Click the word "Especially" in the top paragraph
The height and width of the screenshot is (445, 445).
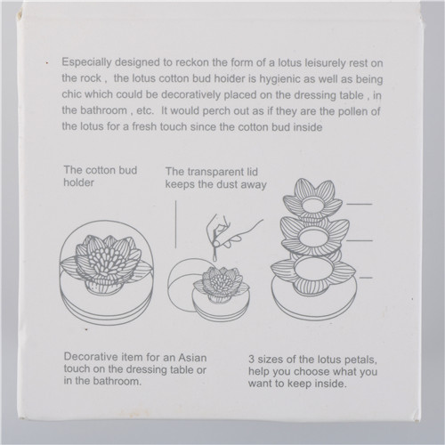(86, 62)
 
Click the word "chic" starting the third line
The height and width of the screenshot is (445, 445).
(71, 94)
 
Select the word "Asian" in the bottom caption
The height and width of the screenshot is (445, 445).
(192, 357)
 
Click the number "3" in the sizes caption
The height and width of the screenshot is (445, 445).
(251, 360)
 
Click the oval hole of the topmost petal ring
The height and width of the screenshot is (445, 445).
(313, 206)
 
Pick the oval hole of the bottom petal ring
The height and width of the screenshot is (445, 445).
(312, 269)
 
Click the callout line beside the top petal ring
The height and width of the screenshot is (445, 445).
(359, 204)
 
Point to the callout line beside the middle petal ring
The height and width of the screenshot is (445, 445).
(360, 240)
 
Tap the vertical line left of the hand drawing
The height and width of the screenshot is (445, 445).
(175, 224)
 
